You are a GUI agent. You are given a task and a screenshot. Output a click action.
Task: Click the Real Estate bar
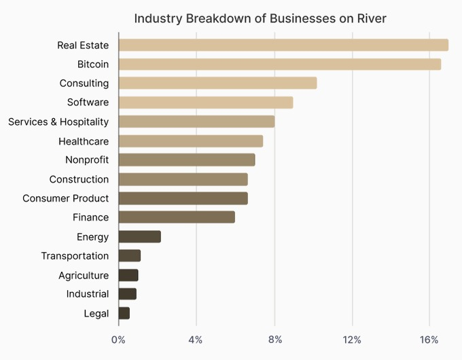tap(283, 45)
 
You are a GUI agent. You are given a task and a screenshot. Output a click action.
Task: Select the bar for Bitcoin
tap(279, 64)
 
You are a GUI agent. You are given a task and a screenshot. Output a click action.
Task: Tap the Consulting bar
tap(217, 83)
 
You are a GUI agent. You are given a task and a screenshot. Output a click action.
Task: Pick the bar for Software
tap(205, 102)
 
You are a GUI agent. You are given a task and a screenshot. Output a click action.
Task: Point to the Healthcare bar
tap(190, 141)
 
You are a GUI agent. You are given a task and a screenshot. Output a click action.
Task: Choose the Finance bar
tap(177, 217)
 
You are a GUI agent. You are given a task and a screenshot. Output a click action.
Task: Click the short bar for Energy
tap(139, 236)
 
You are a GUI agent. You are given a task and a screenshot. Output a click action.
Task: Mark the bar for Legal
tap(124, 313)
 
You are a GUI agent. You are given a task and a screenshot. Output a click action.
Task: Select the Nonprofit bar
tap(186, 160)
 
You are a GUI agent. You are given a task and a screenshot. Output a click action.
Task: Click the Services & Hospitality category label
tap(58, 122)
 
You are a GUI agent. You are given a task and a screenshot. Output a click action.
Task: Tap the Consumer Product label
tap(65, 198)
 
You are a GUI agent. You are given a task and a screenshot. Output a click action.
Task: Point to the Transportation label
tap(75, 256)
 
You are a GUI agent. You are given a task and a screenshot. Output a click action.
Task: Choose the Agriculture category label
tap(84, 275)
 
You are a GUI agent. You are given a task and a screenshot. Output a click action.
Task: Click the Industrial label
tap(88, 294)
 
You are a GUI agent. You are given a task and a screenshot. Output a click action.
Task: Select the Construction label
tap(79, 179)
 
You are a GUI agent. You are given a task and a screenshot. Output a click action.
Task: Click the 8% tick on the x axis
tap(274, 340)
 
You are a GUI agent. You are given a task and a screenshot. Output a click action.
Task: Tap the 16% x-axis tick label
tap(429, 340)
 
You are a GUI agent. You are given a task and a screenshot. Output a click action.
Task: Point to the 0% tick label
tap(118, 340)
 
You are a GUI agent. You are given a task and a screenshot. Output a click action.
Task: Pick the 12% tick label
tap(352, 340)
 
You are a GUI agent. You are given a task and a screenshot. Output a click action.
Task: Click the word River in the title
tap(371, 18)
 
